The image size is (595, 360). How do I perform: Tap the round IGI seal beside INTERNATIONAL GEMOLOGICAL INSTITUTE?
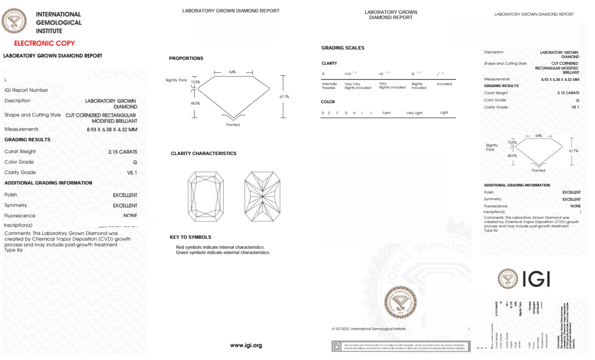(14, 21)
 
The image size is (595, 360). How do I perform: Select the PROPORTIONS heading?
(186, 59)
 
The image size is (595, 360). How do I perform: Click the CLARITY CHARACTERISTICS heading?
(204, 154)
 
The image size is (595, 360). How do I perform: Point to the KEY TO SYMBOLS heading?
(190, 237)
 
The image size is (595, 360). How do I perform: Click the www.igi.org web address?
(246, 345)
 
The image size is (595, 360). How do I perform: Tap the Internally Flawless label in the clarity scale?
(330, 86)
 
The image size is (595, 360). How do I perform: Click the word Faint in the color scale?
(387, 113)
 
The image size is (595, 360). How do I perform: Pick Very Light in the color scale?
(415, 113)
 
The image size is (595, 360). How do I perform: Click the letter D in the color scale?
(323, 113)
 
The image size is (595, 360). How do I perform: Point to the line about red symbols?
(220, 247)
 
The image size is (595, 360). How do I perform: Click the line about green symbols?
(222, 253)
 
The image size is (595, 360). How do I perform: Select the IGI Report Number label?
(26, 90)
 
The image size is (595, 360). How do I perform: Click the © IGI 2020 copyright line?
(368, 329)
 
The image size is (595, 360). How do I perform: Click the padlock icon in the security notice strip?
(336, 347)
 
